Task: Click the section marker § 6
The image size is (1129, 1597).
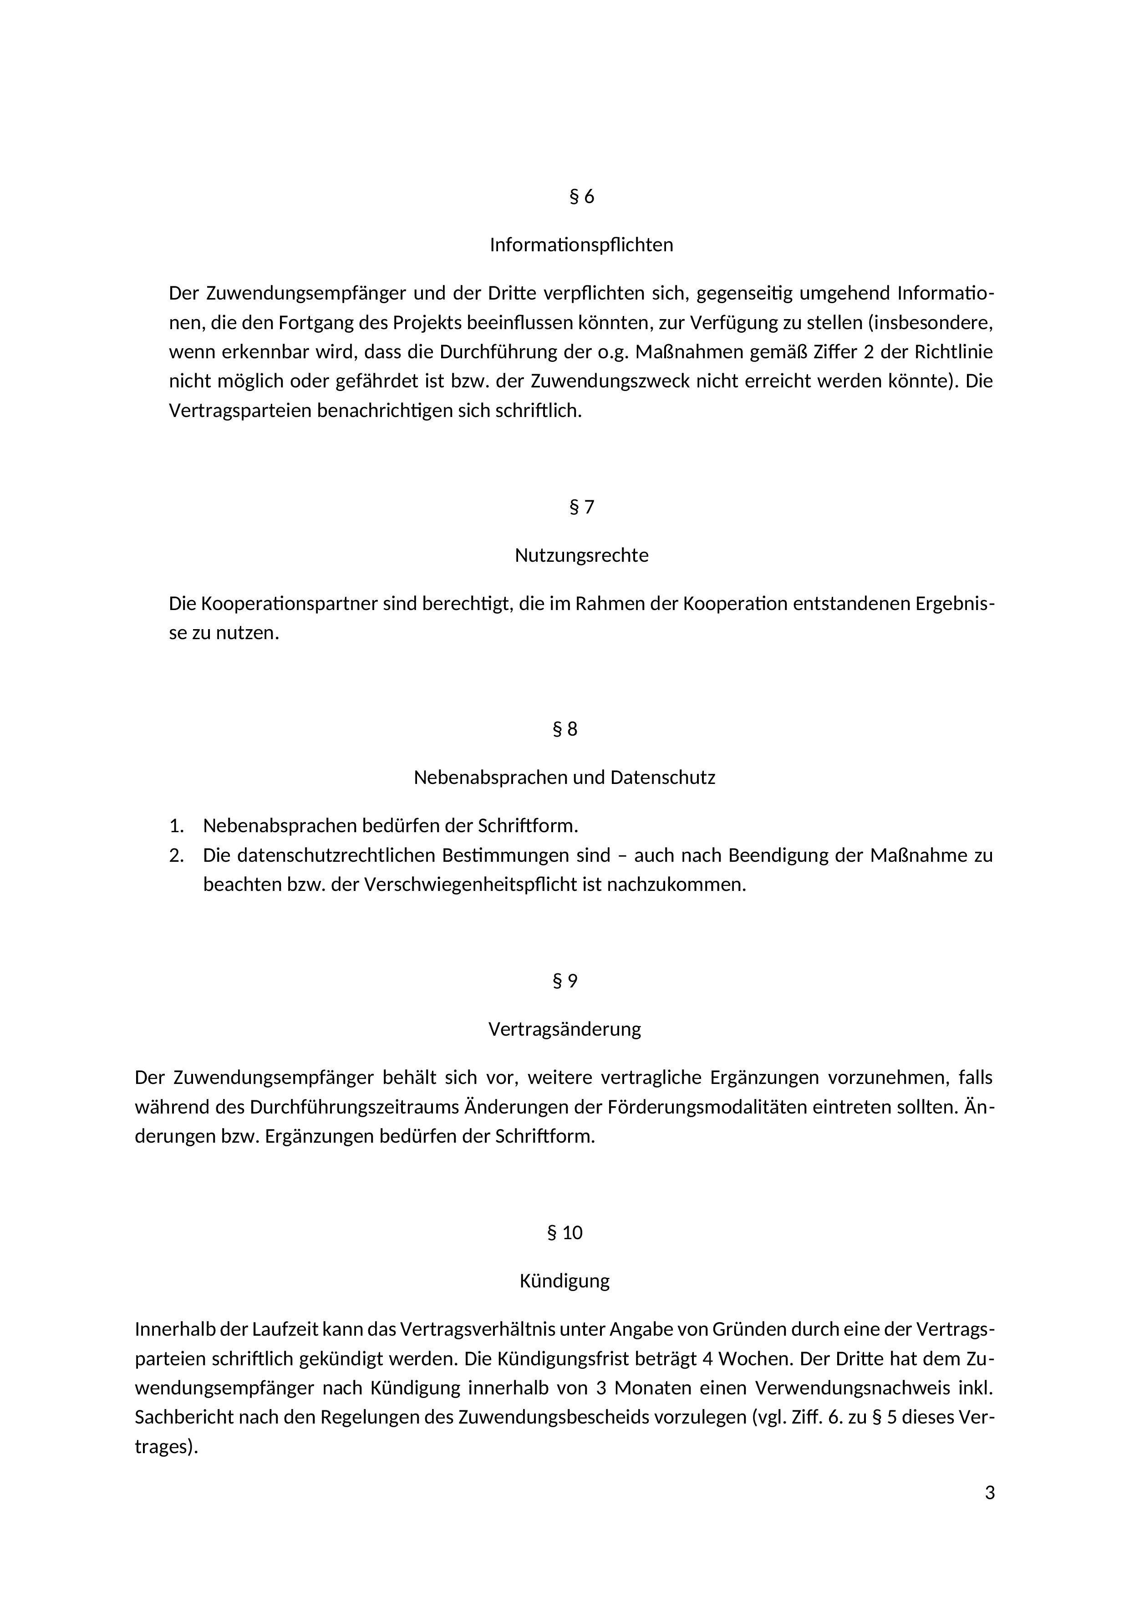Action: pos(581,197)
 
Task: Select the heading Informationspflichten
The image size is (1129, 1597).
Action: pos(581,245)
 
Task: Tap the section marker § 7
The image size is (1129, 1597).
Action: pos(581,507)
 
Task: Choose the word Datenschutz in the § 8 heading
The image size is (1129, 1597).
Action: pos(662,777)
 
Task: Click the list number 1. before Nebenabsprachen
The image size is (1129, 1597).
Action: pos(176,826)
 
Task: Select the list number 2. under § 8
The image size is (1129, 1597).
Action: pos(176,855)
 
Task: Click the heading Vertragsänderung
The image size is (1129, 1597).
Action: pos(565,1029)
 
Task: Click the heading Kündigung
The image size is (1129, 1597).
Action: pos(565,1281)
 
